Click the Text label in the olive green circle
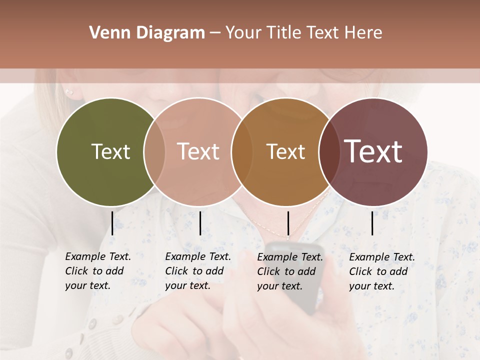(110, 151)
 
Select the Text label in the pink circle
(198, 151)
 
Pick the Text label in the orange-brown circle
(285, 151)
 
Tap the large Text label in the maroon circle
(373, 151)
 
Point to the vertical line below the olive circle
(112, 223)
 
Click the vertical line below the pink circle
(200, 223)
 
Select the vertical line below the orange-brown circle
(288, 223)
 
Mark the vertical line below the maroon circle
(372, 223)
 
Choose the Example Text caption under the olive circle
(97, 271)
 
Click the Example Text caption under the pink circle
(197, 271)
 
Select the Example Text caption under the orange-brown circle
(289, 271)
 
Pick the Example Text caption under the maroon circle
(381, 271)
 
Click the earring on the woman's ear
(69, 92)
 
